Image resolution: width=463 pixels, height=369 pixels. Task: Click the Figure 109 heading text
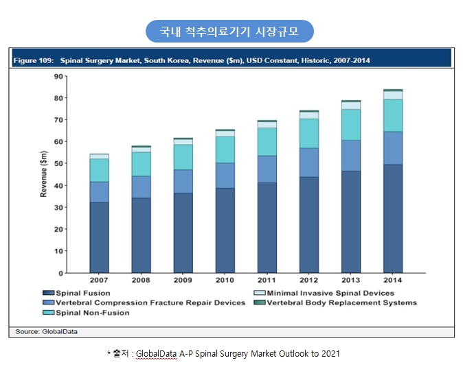[x=192, y=60]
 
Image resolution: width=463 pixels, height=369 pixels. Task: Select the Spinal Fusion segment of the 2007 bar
[x=99, y=237]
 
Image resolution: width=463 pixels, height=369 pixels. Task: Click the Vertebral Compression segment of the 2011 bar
[x=267, y=169]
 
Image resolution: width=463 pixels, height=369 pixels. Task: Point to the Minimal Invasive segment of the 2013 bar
[x=351, y=105]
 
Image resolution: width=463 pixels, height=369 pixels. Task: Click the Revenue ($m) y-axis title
[x=43, y=174]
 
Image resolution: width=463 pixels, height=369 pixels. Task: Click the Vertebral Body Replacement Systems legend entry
[x=341, y=302]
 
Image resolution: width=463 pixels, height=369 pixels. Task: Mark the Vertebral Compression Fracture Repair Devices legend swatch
[x=48, y=302]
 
